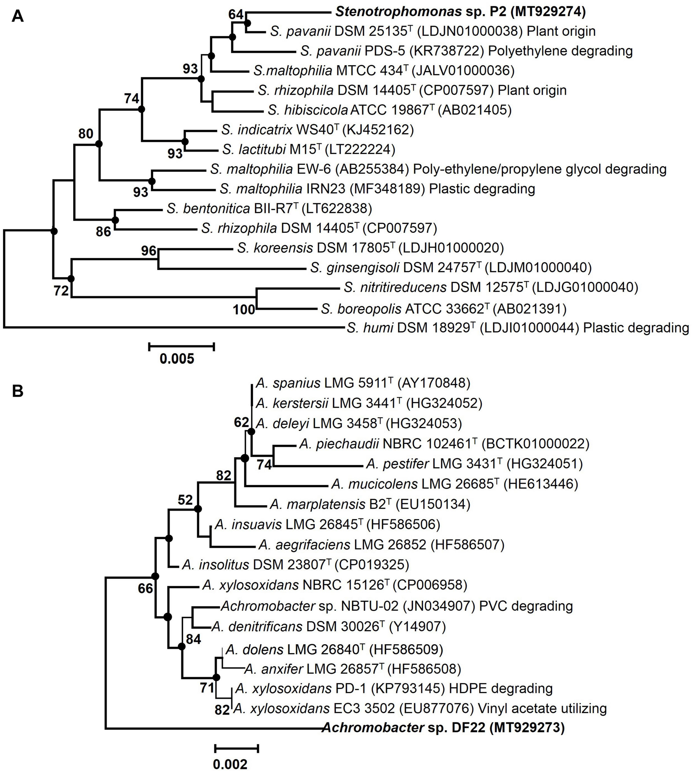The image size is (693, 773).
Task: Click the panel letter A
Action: (x=18, y=16)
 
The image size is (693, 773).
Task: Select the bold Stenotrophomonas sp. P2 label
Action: (x=460, y=12)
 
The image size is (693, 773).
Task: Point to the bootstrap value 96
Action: (x=149, y=250)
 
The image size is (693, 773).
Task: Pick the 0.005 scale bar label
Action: (x=177, y=358)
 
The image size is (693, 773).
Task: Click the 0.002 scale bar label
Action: (x=230, y=764)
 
